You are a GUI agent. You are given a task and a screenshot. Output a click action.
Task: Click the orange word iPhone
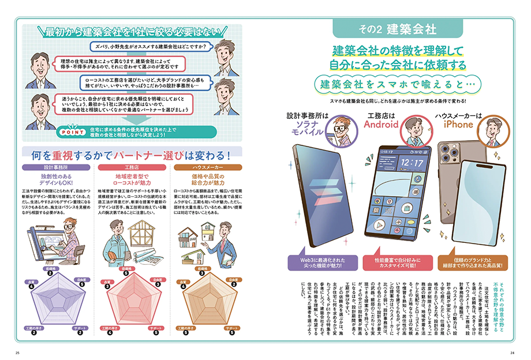click(458, 124)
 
